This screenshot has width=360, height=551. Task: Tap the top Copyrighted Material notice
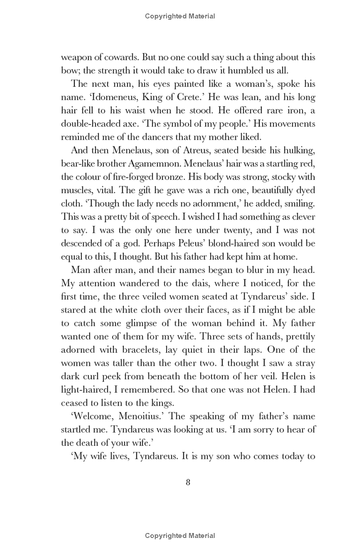pos(180,16)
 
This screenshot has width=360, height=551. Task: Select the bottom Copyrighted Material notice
pos(180,535)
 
